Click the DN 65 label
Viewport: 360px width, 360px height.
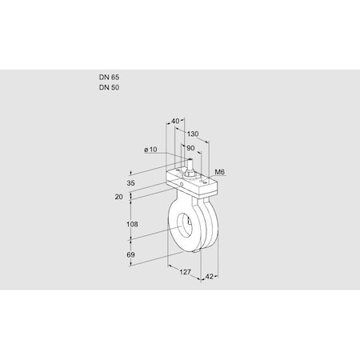tap(109, 78)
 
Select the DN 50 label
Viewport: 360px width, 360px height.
tap(109, 87)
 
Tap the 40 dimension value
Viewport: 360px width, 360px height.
tap(175, 121)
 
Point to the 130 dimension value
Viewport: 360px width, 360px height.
tap(193, 134)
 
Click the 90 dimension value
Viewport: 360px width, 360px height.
tap(190, 148)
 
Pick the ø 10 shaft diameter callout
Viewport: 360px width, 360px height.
tap(150, 150)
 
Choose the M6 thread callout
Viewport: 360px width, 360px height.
tap(220, 172)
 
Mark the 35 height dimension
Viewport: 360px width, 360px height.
tap(130, 183)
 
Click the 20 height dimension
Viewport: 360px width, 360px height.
tap(119, 197)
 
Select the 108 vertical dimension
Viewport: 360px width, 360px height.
tap(132, 224)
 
